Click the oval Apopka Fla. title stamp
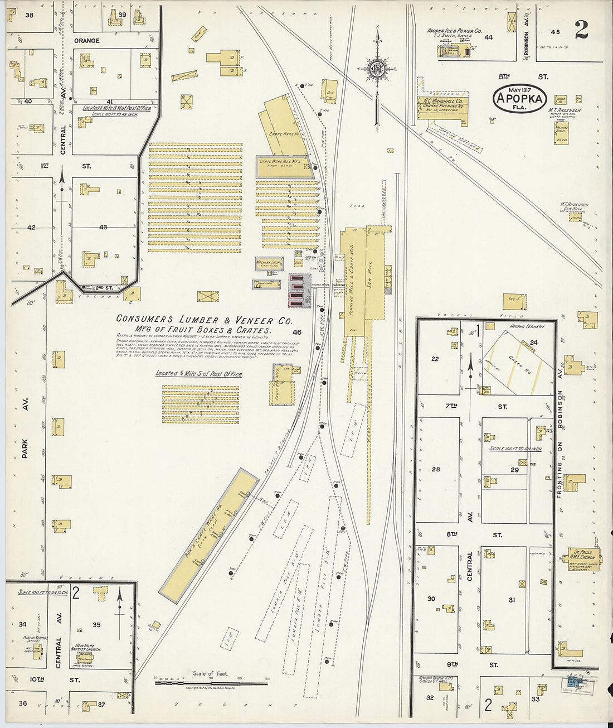[x=519, y=99]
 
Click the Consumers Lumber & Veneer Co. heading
[x=203, y=320]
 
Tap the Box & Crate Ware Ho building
[x=209, y=536]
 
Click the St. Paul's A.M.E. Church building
[x=582, y=555]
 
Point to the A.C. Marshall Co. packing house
[x=442, y=105]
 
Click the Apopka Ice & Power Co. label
[x=454, y=32]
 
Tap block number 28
[x=436, y=469]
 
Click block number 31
[x=512, y=600]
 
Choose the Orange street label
[x=87, y=41]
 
